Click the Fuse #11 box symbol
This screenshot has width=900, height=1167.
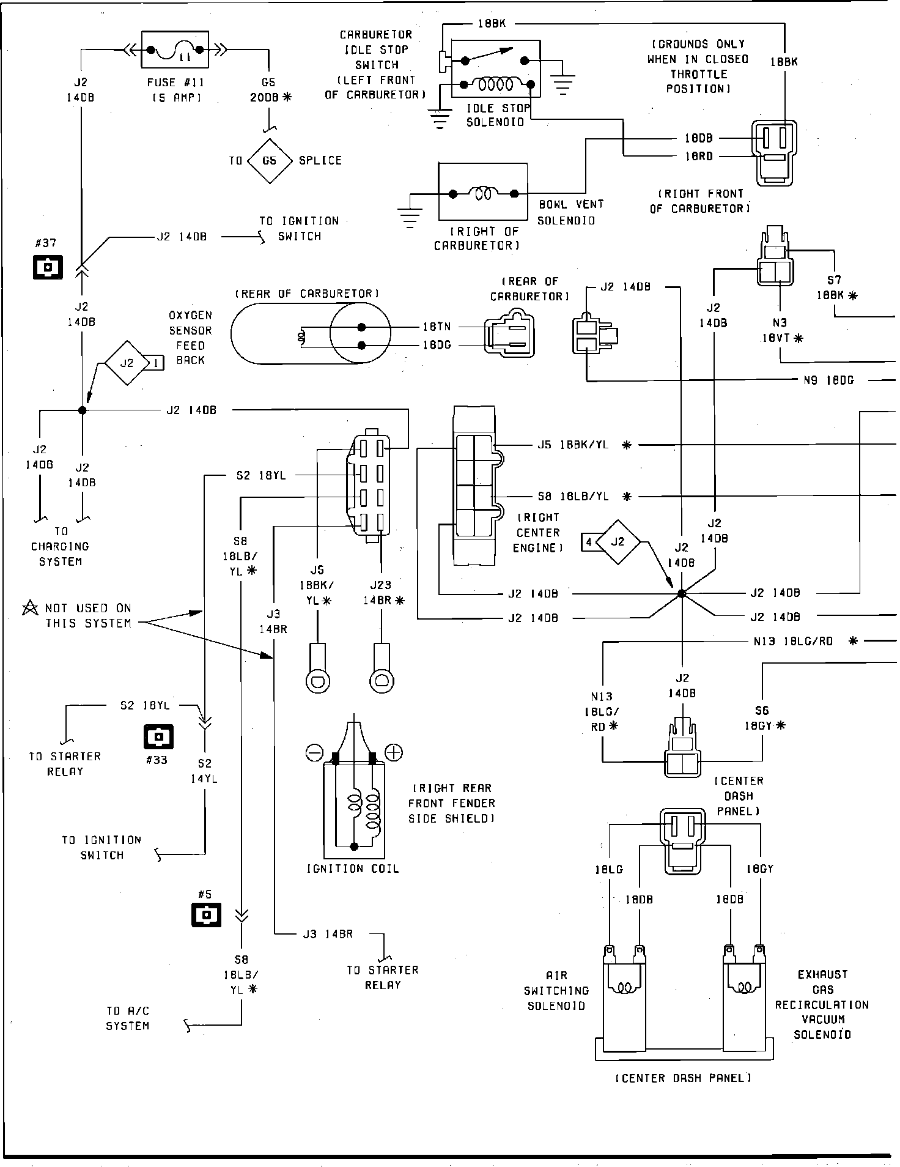pyautogui.click(x=175, y=50)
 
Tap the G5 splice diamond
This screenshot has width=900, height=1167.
pyautogui.click(x=269, y=161)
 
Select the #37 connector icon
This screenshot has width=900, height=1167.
pyautogui.click(x=48, y=267)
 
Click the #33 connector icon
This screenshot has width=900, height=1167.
pyautogui.click(x=158, y=736)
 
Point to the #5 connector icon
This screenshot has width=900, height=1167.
pyautogui.click(x=206, y=915)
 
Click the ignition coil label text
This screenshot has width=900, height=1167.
pyautogui.click(x=353, y=869)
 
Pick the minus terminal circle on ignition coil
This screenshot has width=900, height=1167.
pyautogui.click(x=314, y=752)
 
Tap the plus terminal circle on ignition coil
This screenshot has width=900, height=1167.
pyautogui.click(x=393, y=752)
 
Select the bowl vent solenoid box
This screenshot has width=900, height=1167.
pyautogui.click(x=483, y=192)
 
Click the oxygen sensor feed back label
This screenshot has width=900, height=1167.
pyautogui.click(x=190, y=338)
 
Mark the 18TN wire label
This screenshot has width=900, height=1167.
pyautogui.click(x=437, y=327)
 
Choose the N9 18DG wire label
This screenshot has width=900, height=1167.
pyautogui.click(x=828, y=380)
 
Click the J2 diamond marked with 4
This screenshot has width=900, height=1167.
pyautogui.click(x=618, y=542)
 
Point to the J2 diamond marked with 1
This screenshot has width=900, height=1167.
pyautogui.click(x=127, y=363)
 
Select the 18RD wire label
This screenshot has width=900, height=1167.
pyautogui.click(x=698, y=156)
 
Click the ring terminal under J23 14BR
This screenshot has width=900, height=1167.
pyautogui.click(x=382, y=680)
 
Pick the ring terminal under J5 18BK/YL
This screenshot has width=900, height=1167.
pyautogui.click(x=318, y=680)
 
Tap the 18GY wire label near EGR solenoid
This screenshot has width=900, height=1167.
pyautogui.click(x=760, y=869)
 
